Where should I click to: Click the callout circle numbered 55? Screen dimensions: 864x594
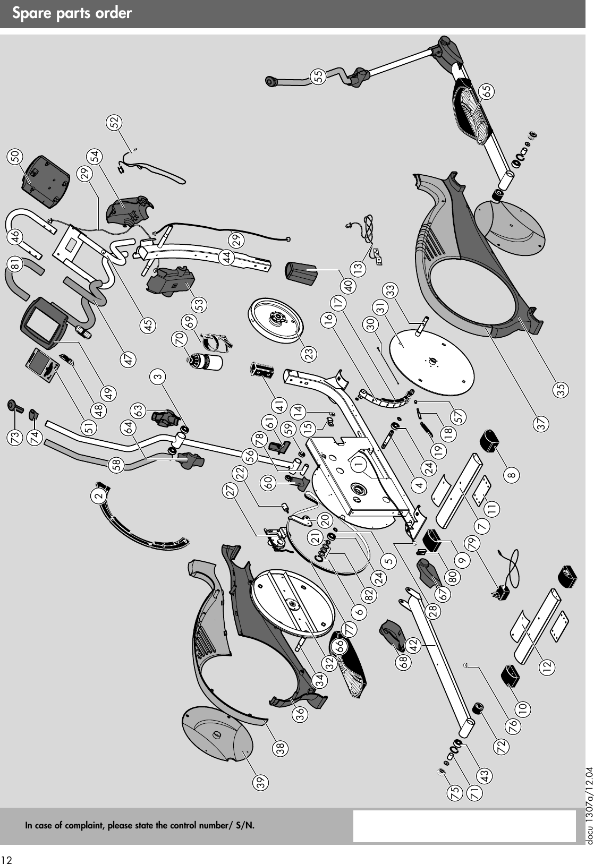click(319, 75)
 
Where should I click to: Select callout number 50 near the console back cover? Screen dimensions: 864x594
click(16, 156)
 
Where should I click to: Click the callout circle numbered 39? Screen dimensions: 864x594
click(260, 781)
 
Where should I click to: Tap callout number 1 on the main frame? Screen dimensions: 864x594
click(360, 463)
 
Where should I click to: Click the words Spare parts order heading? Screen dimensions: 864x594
click(72, 13)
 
